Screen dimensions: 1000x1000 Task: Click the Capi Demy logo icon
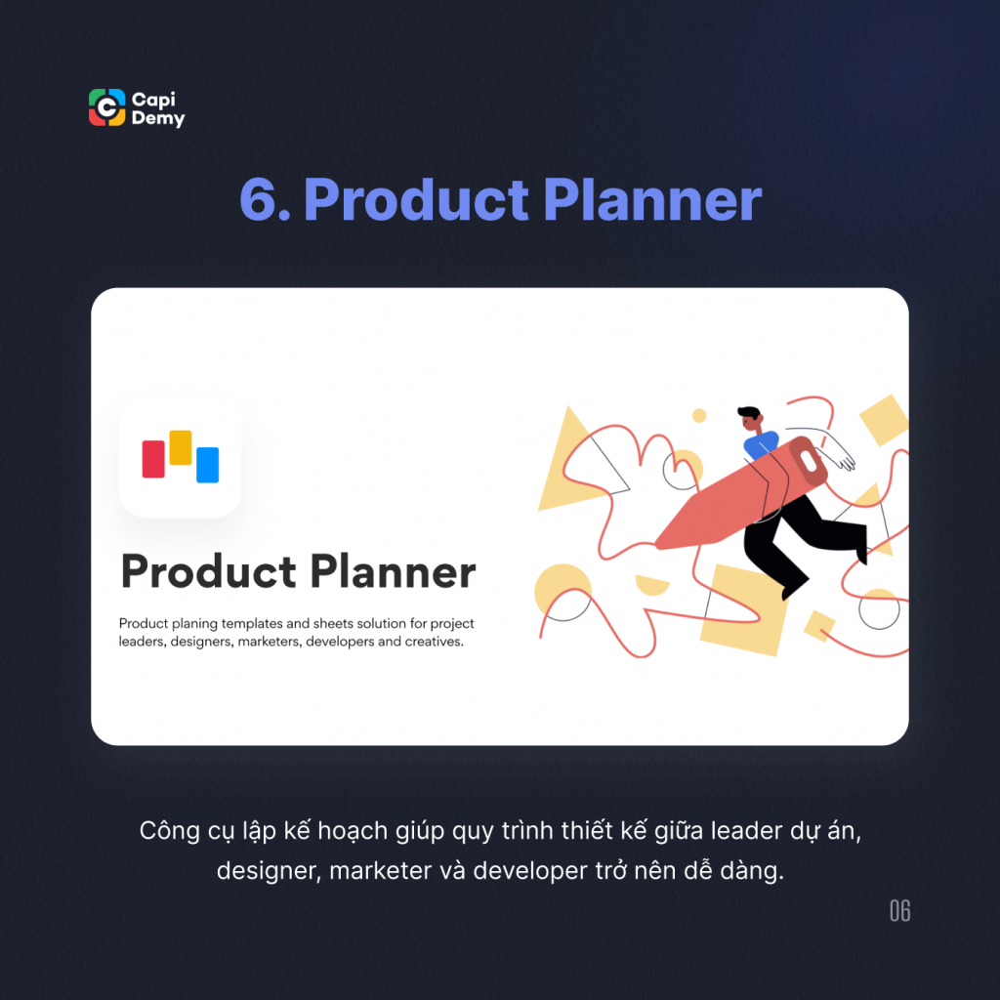click(107, 107)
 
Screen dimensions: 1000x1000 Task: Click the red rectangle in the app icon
click(153, 459)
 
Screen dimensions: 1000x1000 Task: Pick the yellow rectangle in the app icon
click(181, 447)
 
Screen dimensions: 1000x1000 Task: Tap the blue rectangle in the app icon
click(207, 465)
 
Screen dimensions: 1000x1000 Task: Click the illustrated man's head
click(748, 420)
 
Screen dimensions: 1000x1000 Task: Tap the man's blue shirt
click(761, 444)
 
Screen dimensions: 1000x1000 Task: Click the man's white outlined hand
click(840, 457)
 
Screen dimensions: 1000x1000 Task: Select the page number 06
click(899, 911)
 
